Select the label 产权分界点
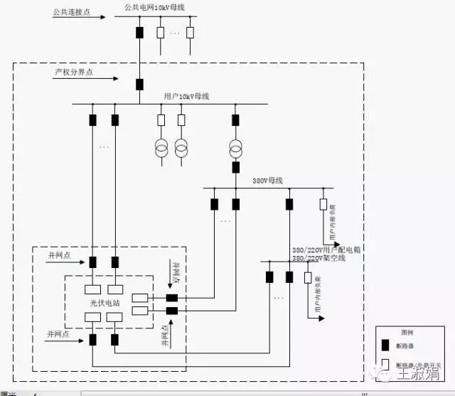pyautogui.click(x=74, y=72)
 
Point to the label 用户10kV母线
pyautogui.click(x=186, y=96)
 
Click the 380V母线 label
pyautogui.click(x=267, y=181)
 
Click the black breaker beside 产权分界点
pyautogui.click(x=139, y=85)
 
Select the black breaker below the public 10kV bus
pyautogui.click(x=139, y=32)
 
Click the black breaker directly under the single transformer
pyautogui.click(x=235, y=168)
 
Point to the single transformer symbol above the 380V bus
pyautogui.click(x=235, y=148)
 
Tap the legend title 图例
pyautogui.click(x=407, y=332)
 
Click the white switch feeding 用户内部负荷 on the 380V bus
pyautogui.click(x=323, y=205)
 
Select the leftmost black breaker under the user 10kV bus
pyautogui.click(x=92, y=119)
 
